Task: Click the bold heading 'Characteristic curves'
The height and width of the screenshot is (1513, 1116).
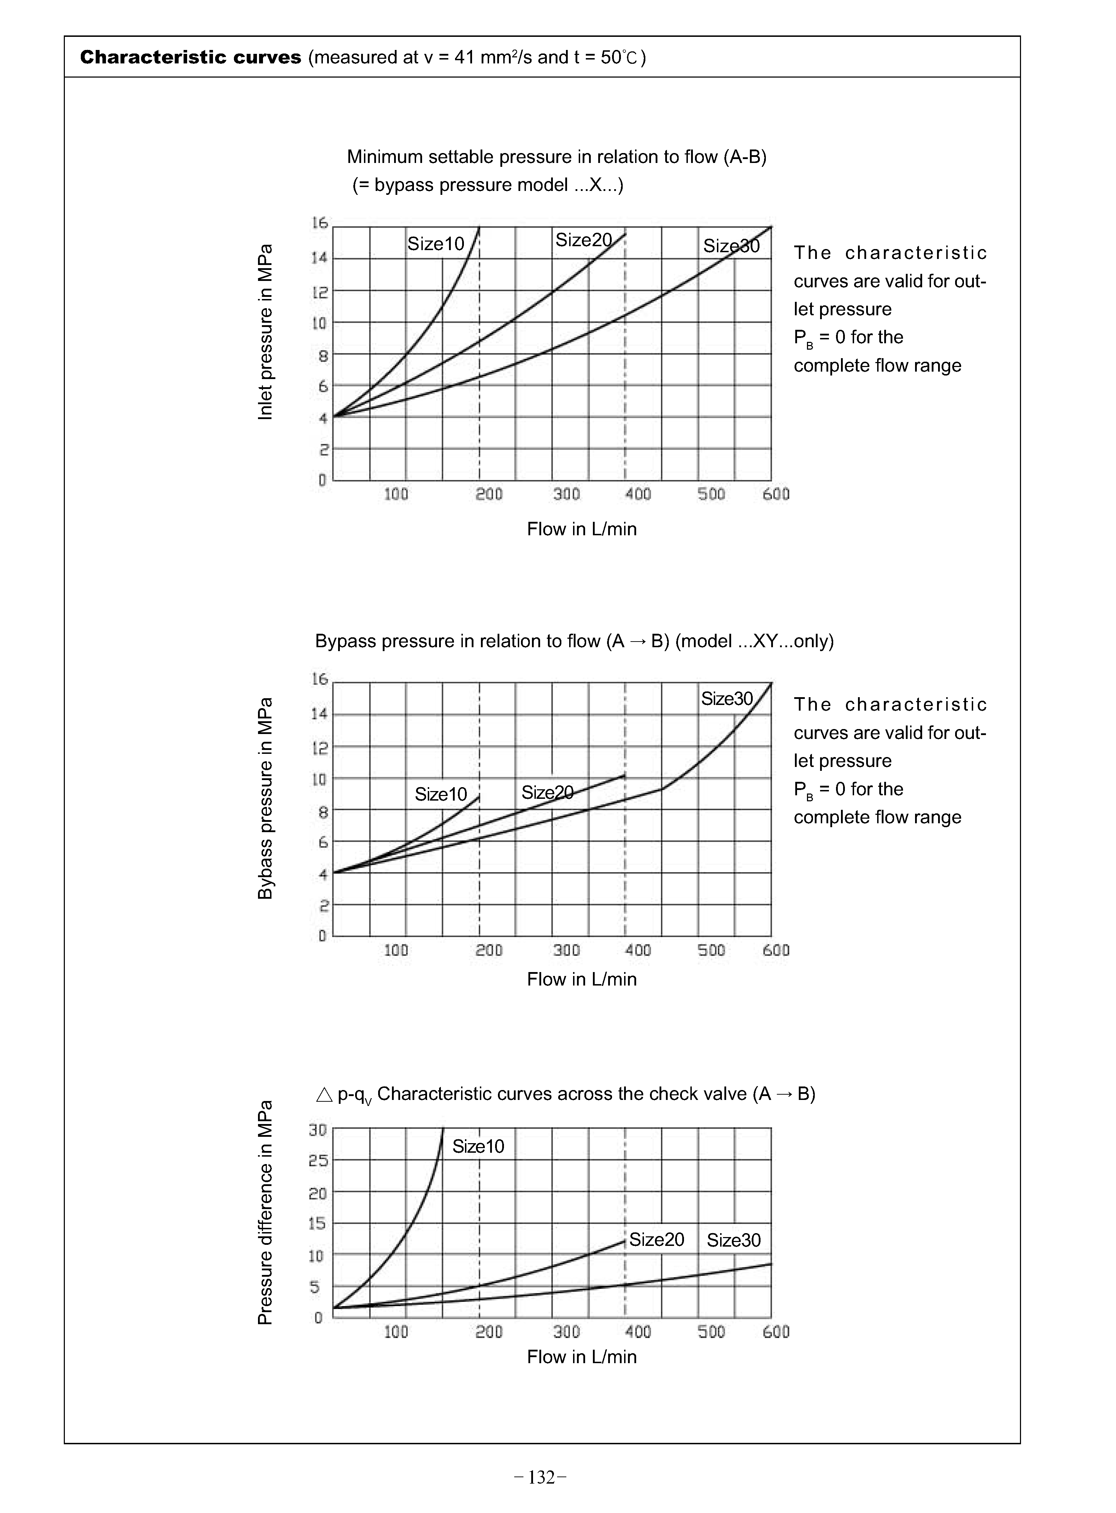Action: click(x=191, y=57)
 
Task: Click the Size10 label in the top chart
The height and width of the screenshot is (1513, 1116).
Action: click(x=436, y=244)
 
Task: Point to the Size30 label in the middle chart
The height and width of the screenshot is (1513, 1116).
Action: click(x=726, y=699)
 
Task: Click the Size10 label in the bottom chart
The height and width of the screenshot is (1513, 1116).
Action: click(x=478, y=1146)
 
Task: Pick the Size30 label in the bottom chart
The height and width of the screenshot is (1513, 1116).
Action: click(x=734, y=1240)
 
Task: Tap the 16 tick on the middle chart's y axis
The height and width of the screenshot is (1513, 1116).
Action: click(x=320, y=679)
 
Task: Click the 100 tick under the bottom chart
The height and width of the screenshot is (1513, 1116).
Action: click(x=396, y=1332)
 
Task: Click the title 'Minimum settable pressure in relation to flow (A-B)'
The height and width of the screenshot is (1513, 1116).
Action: click(x=557, y=157)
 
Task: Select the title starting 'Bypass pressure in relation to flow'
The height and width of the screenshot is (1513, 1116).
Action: click(x=574, y=642)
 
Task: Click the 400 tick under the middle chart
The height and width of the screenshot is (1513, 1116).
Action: click(x=638, y=950)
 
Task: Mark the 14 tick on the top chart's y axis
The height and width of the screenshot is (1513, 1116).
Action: click(x=320, y=258)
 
